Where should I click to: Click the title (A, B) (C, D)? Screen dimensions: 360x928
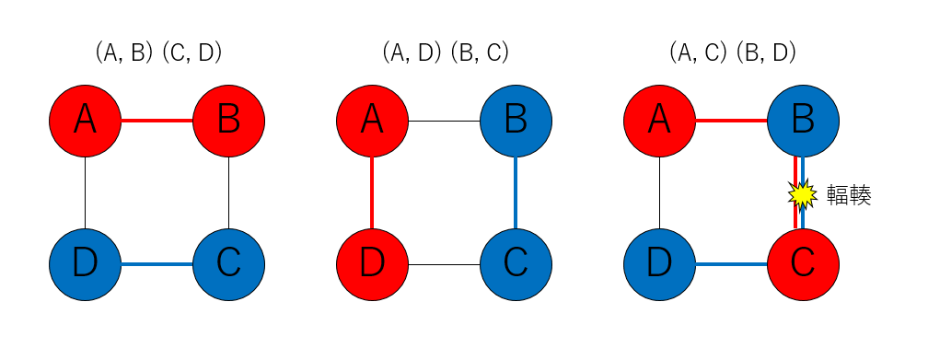[x=158, y=53]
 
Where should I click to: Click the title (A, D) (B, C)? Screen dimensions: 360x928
[x=446, y=53]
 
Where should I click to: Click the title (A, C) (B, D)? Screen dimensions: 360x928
[x=733, y=53]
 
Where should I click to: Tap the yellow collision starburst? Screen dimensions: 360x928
[x=802, y=193]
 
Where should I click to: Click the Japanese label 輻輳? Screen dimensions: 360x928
[x=849, y=194]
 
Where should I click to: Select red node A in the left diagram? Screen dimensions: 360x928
[x=85, y=121]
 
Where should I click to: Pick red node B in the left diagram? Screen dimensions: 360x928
[x=228, y=121]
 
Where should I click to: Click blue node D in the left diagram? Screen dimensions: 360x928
[x=85, y=264]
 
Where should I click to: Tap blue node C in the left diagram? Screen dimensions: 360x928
[x=228, y=264]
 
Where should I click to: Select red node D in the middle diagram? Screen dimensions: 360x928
[x=372, y=264]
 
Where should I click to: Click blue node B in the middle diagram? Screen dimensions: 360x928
[x=516, y=121]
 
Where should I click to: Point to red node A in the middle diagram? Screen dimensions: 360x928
[x=372, y=121]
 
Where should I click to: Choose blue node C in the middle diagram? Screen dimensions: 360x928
[x=516, y=264]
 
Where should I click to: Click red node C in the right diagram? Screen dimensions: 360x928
[x=803, y=264]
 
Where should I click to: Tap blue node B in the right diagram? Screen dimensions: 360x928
[x=803, y=121]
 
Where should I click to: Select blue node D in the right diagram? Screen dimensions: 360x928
[x=659, y=264]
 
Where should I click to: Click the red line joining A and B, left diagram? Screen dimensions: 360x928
[x=157, y=121]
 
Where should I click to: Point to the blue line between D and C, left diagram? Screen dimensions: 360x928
[x=157, y=264]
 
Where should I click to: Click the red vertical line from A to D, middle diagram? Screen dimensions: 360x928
[x=372, y=192]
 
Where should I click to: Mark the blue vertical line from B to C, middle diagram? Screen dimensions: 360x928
[x=516, y=192]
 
